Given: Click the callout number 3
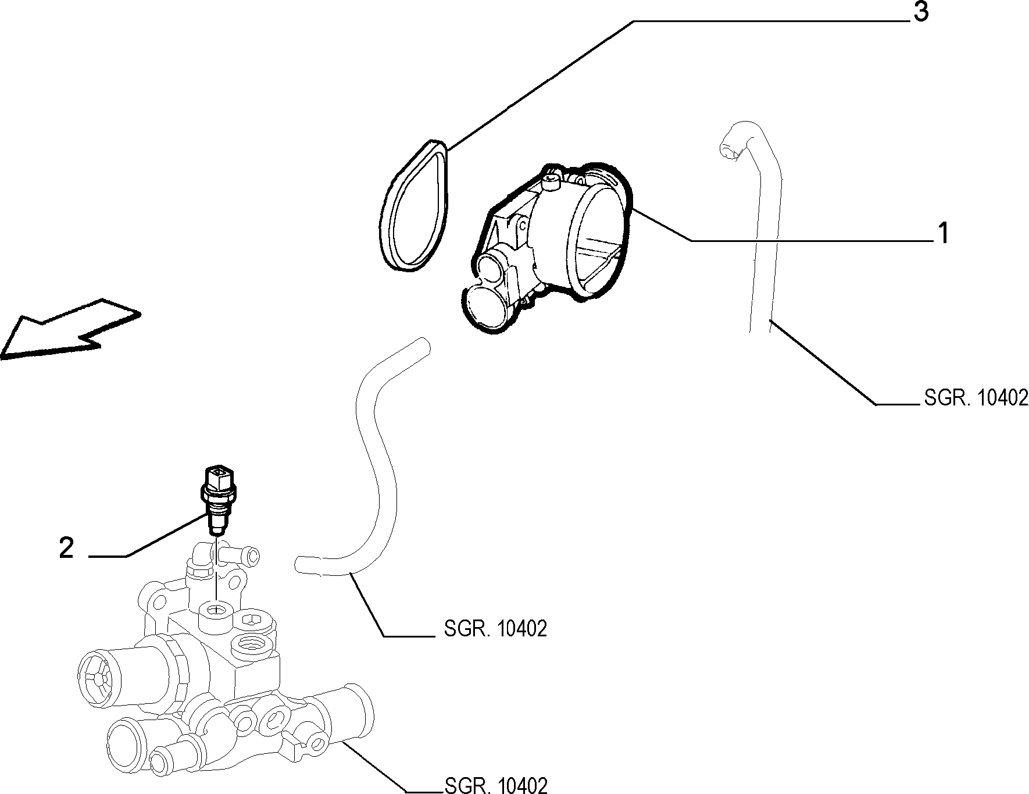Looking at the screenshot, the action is (921, 12).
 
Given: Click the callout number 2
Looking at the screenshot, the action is (67, 548).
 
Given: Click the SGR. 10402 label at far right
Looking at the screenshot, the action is (976, 398).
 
